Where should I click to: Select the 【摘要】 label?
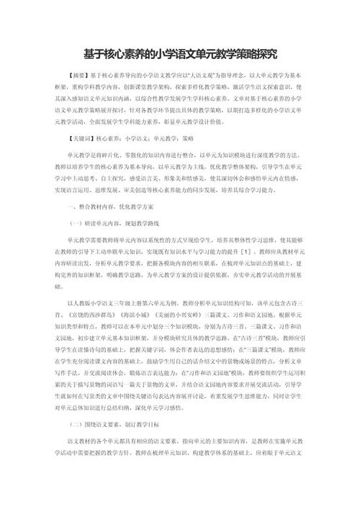pos(74,75)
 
